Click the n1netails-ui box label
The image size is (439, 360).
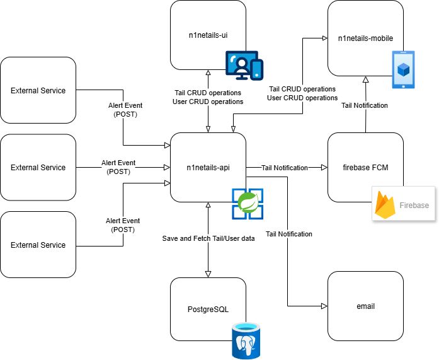coord(208,35)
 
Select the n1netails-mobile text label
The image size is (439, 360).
coord(365,38)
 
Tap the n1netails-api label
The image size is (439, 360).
coord(208,168)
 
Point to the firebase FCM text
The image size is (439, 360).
coord(365,168)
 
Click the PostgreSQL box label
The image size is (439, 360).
coord(208,310)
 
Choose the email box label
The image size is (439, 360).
coord(365,306)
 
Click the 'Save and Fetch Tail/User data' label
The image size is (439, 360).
coord(208,238)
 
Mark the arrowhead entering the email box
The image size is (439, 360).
coord(324,306)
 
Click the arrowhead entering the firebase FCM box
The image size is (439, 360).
coord(324,168)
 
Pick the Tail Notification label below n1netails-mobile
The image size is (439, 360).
coord(365,105)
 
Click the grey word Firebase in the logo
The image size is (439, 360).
coord(414,206)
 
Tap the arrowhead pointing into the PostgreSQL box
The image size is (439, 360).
coord(208,274)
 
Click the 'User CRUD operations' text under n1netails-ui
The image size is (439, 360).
coord(208,102)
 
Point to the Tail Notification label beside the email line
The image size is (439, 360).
coord(289,234)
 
